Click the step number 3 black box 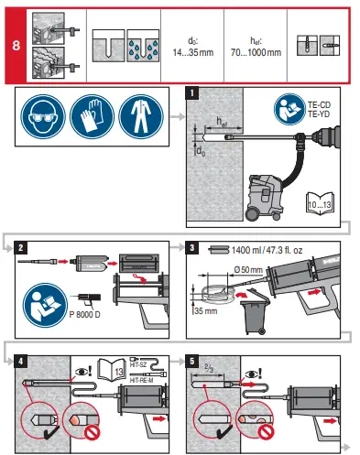pyautogui.click(x=191, y=247)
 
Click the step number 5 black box pyautogui.click(x=191, y=360)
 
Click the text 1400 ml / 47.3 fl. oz pyautogui.click(x=267, y=248)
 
